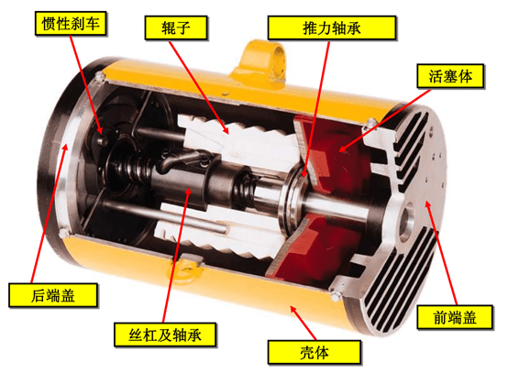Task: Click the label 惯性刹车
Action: point(71,23)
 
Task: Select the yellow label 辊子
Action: point(176,27)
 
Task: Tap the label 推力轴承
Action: point(332,27)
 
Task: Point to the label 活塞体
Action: point(450,76)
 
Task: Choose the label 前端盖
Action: point(455,317)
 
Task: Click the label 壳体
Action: point(315,352)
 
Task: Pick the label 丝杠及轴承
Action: point(165,335)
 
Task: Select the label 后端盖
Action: point(53,295)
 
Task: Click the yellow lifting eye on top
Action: point(263,61)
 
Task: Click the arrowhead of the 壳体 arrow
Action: point(293,309)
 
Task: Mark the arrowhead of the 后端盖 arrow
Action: point(66,148)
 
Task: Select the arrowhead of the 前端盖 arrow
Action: point(428,204)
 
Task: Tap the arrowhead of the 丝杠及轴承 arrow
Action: point(189,190)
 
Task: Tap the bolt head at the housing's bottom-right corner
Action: point(335,296)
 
